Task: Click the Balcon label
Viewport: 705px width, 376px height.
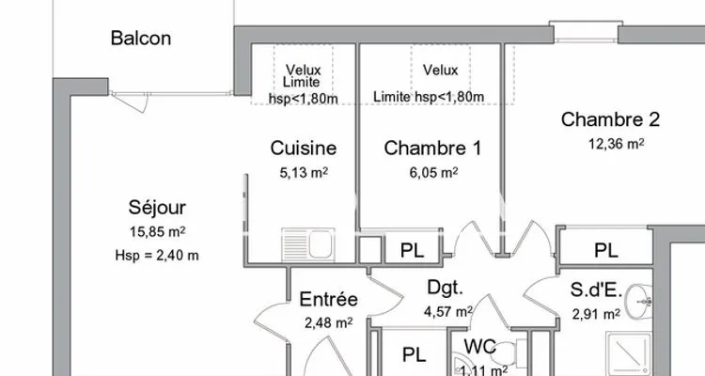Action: click(x=141, y=39)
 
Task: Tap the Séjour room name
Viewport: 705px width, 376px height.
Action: click(x=157, y=208)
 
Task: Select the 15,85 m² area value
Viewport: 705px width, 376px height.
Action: click(x=157, y=231)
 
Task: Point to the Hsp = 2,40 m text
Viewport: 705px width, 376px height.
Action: click(x=157, y=256)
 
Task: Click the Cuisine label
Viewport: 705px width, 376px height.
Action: click(x=304, y=148)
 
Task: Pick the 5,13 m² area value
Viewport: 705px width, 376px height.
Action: click(x=304, y=172)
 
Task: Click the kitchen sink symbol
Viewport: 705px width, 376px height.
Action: click(x=308, y=244)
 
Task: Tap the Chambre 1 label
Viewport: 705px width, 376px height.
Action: click(x=432, y=148)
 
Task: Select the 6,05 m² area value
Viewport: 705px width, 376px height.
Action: click(x=433, y=172)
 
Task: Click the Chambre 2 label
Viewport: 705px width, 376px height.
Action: click(x=611, y=119)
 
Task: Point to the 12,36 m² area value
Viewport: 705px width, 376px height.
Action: click(x=616, y=144)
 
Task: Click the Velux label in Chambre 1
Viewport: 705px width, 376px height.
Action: click(x=440, y=70)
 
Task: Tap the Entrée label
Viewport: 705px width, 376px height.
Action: click(x=329, y=300)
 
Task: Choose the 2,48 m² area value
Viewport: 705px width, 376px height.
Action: click(x=329, y=322)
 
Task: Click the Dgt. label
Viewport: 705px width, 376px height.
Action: click(x=445, y=288)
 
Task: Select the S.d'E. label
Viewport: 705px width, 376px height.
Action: click(x=596, y=290)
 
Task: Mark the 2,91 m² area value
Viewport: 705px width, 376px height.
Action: click(x=596, y=313)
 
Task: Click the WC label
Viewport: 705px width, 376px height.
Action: click(x=480, y=347)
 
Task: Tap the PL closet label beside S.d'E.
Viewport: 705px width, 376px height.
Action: click(x=606, y=251)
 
